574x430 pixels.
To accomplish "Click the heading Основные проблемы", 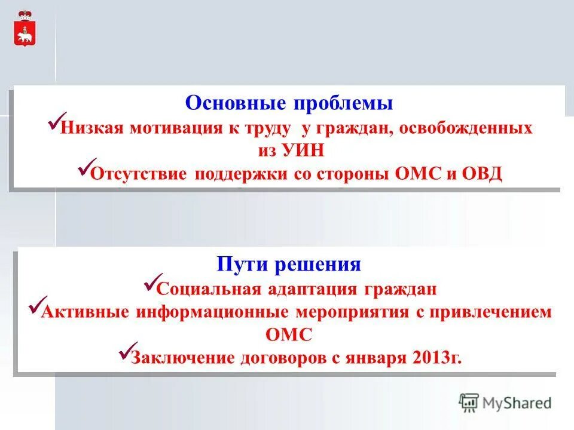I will [289, 103].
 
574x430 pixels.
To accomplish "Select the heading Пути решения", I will [289, 263].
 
